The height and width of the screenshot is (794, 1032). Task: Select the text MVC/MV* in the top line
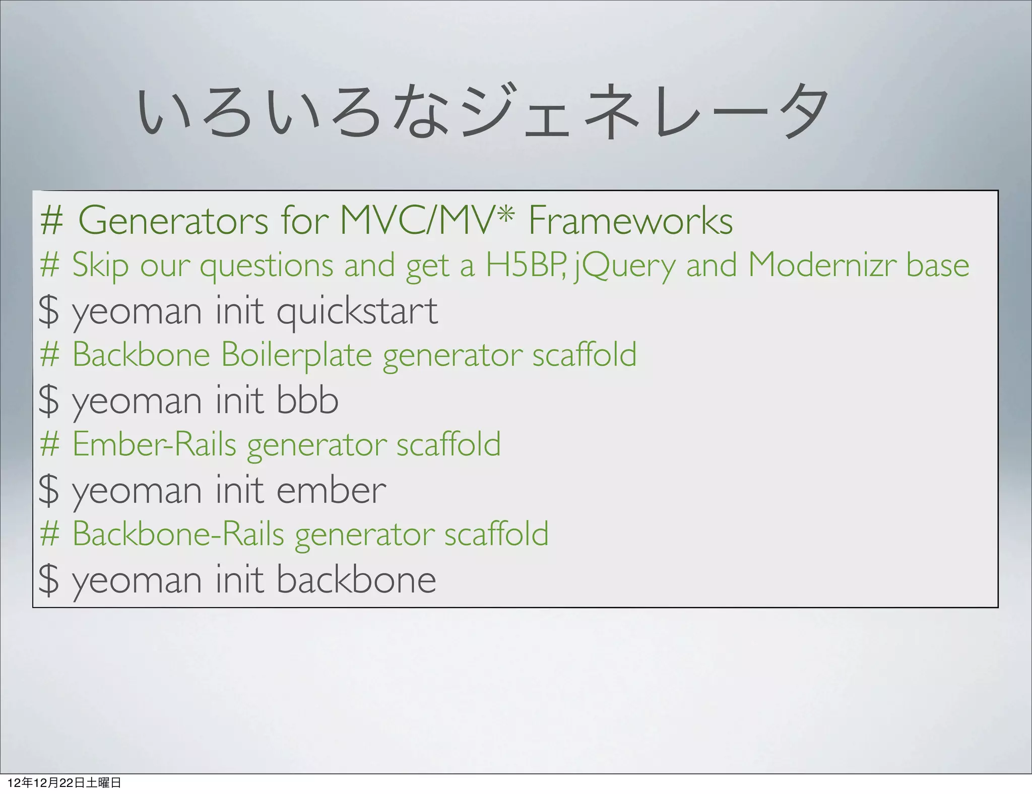coord(427,221)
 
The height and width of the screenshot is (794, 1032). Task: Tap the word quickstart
coord(357,311)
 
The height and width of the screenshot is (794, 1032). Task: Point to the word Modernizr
coord(821,265)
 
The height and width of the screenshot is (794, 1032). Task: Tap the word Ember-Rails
coord(154,444)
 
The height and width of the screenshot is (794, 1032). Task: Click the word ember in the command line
coord(331,490)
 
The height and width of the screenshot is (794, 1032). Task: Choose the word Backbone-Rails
coord(178,534)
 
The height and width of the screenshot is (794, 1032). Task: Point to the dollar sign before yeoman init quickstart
coord(49,311)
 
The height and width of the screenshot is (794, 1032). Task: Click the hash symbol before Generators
coord(51,221)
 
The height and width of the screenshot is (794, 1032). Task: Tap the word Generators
coord(173,221)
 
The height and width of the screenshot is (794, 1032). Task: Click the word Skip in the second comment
coord(100,265)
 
